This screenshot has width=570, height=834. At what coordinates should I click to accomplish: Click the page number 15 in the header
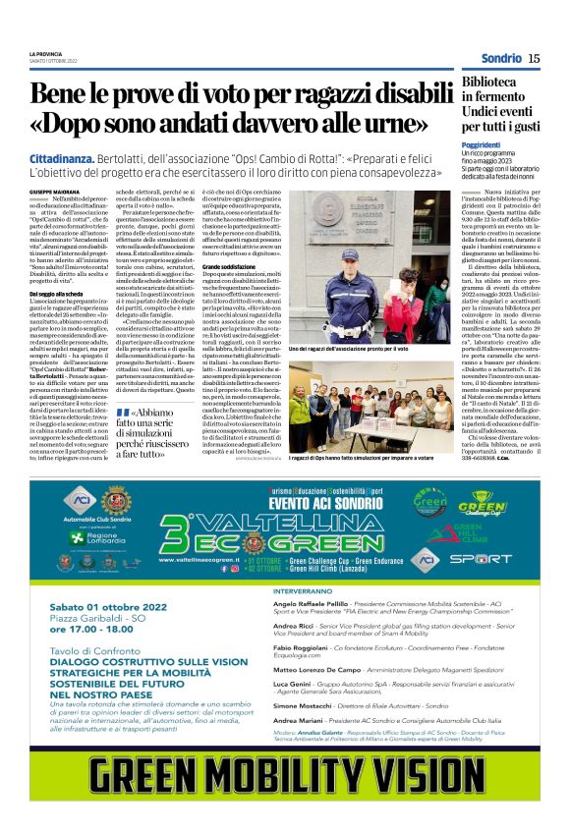point(534,59)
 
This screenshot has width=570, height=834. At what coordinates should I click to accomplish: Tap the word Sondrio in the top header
point(499,59)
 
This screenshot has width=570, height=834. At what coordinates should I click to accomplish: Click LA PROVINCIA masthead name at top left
point(45,53)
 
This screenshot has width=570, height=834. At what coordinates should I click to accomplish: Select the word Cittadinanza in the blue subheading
point(64,158)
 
